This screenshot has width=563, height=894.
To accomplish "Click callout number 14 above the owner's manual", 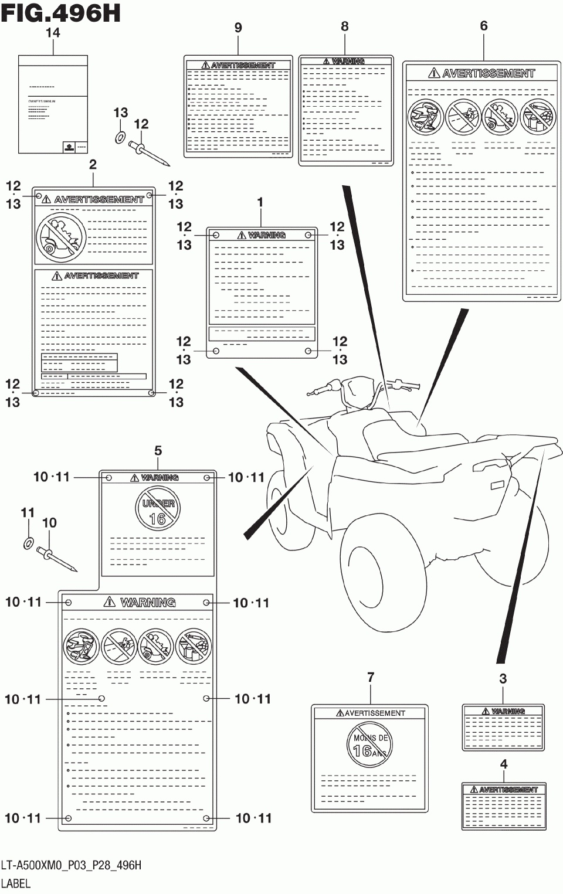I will tap(53, 33).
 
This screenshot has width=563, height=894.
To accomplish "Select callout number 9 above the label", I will tap(238, 28).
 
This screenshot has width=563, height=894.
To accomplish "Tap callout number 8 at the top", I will tap(345, 26).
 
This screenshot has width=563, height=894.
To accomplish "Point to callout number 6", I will tap(484, 26).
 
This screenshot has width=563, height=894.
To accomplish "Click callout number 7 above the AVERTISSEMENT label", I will tap(371, 678).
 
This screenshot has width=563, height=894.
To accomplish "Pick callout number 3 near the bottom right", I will tap(503, 679).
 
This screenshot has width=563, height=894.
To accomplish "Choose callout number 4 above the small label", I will tap(504, 764).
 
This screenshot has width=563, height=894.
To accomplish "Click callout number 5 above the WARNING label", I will tap(158, 451).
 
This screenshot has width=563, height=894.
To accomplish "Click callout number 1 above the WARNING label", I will tap(260, 202).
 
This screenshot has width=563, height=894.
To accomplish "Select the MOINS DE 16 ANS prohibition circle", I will tap(369, 745).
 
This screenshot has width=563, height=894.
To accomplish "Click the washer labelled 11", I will tap(28, 543).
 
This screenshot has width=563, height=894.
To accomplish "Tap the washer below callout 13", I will tap(120, 138).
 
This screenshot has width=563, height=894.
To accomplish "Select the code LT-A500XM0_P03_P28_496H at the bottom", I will tap(71, 865).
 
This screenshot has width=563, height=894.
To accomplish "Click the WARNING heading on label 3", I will tap(508, 712).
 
